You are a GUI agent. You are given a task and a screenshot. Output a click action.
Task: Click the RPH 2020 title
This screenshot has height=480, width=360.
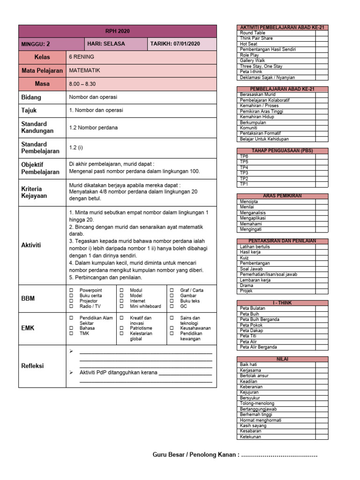pos(117,31)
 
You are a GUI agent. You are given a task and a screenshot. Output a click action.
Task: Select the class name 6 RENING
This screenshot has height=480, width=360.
pos(82,57)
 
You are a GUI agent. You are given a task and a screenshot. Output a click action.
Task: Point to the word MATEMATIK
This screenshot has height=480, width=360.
pos(84,70)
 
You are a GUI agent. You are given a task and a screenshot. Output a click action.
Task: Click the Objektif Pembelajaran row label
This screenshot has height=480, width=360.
pos(40,168)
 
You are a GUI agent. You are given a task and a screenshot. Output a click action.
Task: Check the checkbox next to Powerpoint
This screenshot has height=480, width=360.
pos(71,291)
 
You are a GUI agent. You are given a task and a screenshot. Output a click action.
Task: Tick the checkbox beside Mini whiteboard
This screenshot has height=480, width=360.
pos(121,307)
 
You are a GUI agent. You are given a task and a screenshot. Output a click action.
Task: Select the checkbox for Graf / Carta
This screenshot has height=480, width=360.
pos(172,291)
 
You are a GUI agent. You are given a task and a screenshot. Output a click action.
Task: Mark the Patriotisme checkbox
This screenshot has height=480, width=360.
pos(121,329)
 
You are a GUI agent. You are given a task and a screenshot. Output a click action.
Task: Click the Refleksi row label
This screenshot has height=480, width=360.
pos(32,366)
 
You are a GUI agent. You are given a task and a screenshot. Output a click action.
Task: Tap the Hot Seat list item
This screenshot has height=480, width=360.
pos(248,44)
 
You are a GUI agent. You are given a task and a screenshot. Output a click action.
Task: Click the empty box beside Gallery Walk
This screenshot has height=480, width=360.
pos(322,61)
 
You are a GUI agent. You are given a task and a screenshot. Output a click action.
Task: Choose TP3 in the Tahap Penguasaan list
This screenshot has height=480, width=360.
pos(244,173)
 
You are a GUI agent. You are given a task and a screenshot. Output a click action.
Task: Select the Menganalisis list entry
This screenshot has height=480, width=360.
pos(253,213)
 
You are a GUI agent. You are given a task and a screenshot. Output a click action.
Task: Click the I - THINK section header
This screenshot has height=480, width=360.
pos(282,303)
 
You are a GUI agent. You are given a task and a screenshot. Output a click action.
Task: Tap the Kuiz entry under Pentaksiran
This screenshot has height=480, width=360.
pos(245,258)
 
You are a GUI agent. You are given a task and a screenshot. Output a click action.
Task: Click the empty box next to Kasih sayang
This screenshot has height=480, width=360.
pos(322,426)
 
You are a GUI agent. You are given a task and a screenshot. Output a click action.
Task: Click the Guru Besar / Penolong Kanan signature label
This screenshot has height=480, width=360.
pos(195,455)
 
